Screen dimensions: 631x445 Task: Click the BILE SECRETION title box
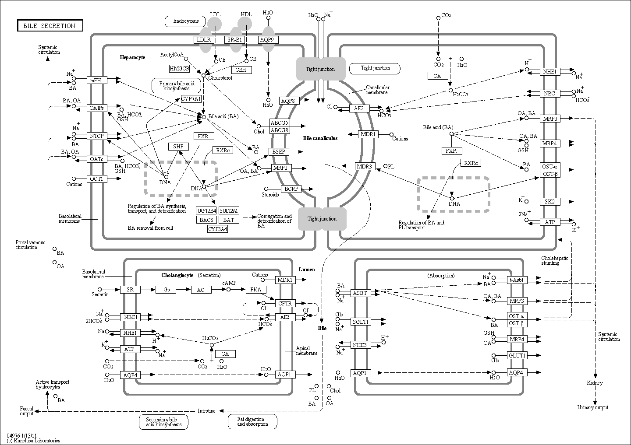(x=50, y=25)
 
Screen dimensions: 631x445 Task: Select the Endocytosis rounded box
(x=185, y=21)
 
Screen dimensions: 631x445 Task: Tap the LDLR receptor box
(x=204, y=40)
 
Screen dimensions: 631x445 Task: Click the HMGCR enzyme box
(x=180, y=68)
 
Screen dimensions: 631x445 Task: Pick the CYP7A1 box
(x=191, y=99)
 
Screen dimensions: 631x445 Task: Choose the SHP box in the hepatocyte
(x=178, y=146)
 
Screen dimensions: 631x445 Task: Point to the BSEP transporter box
(x=279, y=151)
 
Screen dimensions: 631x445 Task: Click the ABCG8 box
(x=280, y=130)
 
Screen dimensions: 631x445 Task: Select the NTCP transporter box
(x=97, y=136)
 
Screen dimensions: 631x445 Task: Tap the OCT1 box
(x=97, y=179)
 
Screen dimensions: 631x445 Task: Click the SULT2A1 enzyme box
(x=229, y=210)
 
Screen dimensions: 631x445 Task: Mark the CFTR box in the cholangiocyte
(x=285, y=303)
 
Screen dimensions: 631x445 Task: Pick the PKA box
(x=256, y=290)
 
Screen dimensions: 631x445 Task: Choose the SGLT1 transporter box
(x=361, y=322)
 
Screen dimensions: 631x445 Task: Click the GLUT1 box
(x=517, y=356)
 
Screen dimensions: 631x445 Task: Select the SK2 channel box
(x=550, y=202)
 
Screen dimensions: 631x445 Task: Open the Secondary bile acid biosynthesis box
(x=164, y=422)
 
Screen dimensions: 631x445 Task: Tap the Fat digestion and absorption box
(x=252, y=421)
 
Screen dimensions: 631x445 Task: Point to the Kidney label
(x=595, y=383)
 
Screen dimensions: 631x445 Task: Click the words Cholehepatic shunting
(x=554, y=260)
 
